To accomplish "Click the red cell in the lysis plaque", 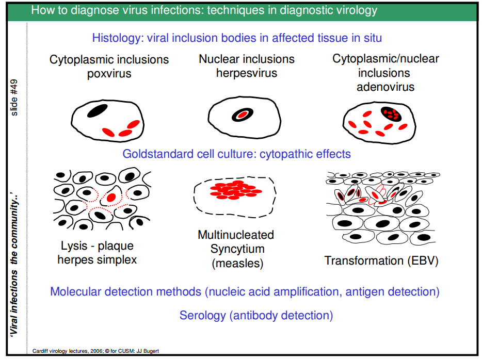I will point(110,197).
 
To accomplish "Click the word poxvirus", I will point(109,73).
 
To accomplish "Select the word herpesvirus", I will point(247,73).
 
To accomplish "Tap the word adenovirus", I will point(385,87).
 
